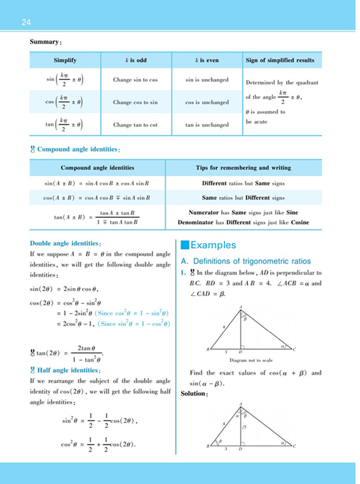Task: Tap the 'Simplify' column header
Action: click(x=65, y=60)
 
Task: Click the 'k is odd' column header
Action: click(x=136, y=60)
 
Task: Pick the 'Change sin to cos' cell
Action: click(x=135, y=80)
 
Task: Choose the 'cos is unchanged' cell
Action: click(x=207, y=102)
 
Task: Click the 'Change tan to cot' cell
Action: click(x=135, y=125)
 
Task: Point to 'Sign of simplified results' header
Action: click(x=280, y=60)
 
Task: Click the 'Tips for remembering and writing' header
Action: click(x=243, y=167)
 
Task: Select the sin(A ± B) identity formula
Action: click(x=97, y=182)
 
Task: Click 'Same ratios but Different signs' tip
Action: click(x=243, y=197)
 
